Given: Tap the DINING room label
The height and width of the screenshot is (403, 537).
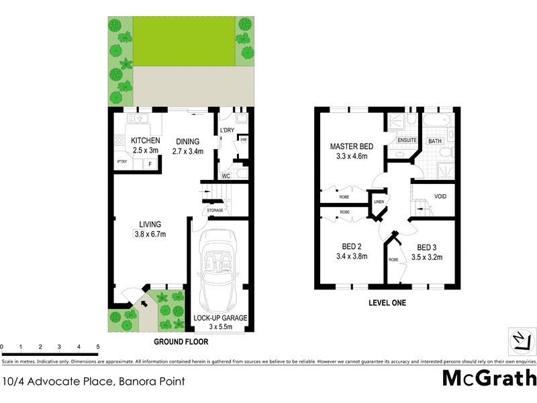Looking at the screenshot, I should [187, 141].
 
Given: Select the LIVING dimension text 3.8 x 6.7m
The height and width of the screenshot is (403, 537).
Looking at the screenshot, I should [149, 234].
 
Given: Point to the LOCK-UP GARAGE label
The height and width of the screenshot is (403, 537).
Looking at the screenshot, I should [221, 317].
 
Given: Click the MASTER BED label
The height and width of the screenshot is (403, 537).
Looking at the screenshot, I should [350, 146].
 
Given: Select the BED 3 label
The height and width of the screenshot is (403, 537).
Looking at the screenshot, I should [429, 246].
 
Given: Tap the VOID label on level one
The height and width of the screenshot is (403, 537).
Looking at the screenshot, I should [440, 197].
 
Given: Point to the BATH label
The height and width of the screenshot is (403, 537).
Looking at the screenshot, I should [435, 141].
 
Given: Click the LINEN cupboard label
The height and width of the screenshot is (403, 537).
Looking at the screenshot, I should [379, 201].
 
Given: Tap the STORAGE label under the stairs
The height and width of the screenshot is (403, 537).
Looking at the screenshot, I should [215, 211].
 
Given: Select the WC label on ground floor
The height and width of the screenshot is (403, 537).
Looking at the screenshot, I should [226, 176].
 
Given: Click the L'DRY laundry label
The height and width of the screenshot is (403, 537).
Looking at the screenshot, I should [226, 130].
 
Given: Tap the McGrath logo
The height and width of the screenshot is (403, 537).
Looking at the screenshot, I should [489, 377].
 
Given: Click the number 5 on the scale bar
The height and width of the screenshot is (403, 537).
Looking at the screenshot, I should [98, 347].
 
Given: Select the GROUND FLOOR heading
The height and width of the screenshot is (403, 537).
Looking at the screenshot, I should [181, 341].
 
